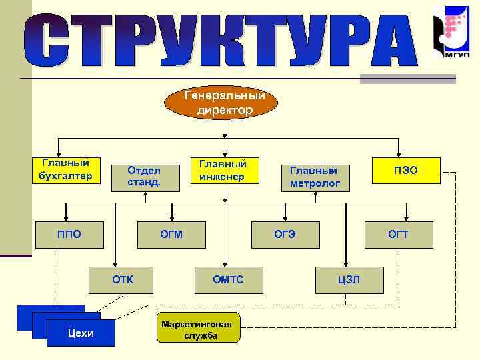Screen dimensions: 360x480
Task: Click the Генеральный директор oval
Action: (x=225, y=102)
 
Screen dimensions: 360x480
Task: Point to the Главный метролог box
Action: (x=315, y=176)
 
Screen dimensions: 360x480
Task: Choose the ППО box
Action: (x=69, y=233)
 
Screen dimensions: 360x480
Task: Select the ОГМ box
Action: (x=171, y=233)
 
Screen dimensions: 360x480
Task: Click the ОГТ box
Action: (x=398, y=233)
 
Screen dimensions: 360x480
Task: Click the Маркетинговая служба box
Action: (x=197, y=329)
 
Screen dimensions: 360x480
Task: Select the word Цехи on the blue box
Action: (x=81, y=333)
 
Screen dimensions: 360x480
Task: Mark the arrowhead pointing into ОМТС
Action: (x=225, y=263)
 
